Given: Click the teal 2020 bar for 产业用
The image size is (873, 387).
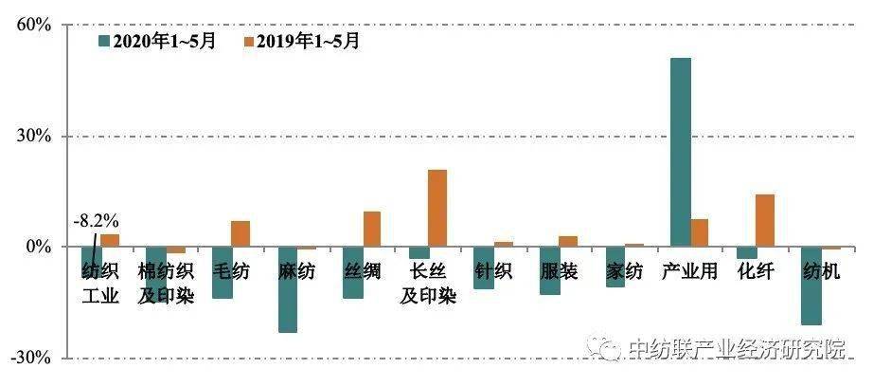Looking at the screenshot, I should coord(680,152).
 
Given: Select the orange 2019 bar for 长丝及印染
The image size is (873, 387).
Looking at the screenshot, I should coord(436,208).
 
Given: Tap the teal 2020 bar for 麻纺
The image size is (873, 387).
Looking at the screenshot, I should coord(287,289).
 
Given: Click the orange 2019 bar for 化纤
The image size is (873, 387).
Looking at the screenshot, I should coord(764,220).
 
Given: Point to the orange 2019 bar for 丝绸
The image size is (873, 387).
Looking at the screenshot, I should coord(371,229).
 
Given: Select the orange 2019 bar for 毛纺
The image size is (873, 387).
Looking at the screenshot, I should coord(241,233).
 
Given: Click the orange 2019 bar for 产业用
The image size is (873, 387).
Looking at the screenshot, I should coord(699,232).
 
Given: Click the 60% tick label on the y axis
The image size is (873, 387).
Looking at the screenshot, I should coord(31,25).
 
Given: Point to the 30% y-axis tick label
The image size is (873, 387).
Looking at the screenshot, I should coord(31,136).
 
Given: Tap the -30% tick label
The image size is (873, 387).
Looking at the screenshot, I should coord(28,358).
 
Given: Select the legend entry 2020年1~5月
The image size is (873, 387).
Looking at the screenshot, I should coord(157,42).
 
